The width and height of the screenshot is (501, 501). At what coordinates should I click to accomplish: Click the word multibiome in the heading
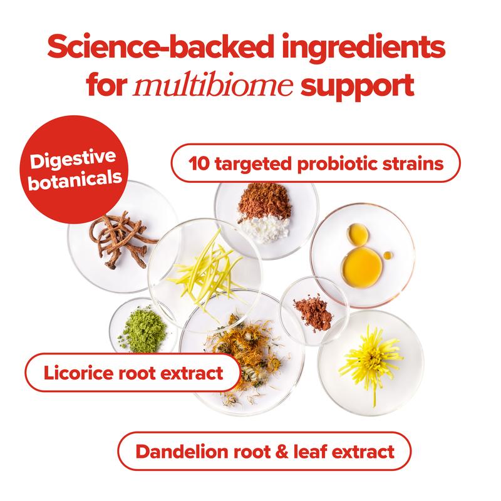(213, 84)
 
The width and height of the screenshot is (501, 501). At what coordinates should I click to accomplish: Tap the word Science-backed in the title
(160, 46)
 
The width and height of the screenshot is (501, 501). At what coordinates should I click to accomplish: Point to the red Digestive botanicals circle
(74, 169)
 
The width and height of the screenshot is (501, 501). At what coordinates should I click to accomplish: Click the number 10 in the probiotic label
(199, 163)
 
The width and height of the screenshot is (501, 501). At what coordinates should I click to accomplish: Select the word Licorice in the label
(79, 373)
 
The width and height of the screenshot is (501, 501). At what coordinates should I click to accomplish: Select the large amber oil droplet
(362, 267)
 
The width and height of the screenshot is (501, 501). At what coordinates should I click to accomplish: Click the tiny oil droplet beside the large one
(388, 256)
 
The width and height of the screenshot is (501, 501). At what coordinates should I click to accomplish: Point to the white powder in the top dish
(263, 227)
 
